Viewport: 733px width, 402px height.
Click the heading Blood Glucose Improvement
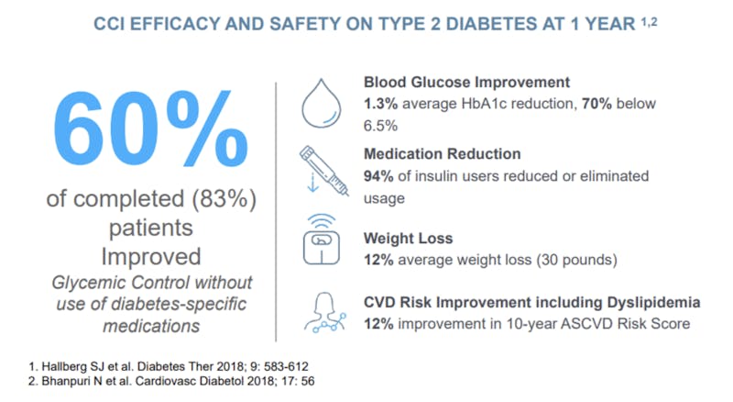pos(467,82)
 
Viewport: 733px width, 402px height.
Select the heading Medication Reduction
pos(442,153)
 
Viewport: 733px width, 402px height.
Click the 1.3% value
pos(381,103)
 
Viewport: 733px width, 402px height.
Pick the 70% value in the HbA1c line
pos(590,103)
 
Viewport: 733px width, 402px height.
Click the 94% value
pos(380,174)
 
